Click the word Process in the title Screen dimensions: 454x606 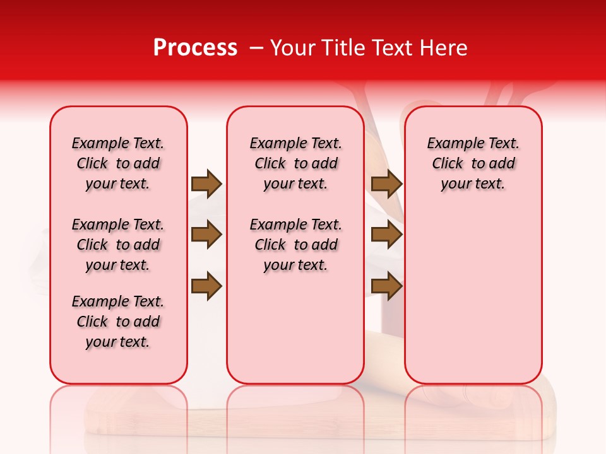(195, 48)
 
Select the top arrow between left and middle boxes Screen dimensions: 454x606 (206, 183)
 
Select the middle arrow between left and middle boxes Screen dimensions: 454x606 (206, 235)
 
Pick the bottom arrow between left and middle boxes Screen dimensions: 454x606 (206, 286)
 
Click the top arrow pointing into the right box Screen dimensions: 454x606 (386, 183)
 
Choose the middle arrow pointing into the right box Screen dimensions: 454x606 (386, 235)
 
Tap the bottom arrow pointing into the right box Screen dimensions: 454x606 (386, 286)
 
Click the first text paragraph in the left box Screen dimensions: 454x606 (118, 163)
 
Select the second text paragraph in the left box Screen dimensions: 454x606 (118, 245)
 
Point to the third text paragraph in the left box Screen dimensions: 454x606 (118, 322)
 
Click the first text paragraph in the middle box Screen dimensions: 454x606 (295, 163)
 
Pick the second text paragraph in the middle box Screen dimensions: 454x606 (295, 245)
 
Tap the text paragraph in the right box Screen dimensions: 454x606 (473, 163)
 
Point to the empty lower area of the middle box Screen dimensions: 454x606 (295, 328)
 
